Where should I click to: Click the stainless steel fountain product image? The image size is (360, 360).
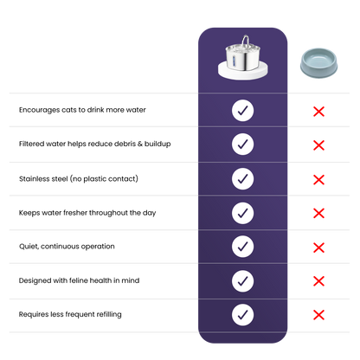[x=242, y=58]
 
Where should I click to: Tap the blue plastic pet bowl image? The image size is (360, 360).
[x=318, y=63]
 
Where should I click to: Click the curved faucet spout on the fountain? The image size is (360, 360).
[x=246, y=41]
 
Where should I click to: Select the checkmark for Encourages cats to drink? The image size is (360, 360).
[x=242, y=111]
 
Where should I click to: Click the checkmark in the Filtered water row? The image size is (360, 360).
[x=242, y=145]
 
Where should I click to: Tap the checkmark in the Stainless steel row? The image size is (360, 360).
[x=242, y=179]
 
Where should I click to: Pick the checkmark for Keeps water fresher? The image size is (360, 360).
[x=242, y=213]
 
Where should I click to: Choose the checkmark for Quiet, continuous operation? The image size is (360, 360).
[x=242, y=247]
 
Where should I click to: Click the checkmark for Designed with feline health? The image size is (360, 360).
[x=242, y=281]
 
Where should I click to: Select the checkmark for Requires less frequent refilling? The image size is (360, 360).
[x=242, y=315]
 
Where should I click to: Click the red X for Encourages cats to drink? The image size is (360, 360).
[x=318, y=112]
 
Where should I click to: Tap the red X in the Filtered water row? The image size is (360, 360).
[x=318, y=145]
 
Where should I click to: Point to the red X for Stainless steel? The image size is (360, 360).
[x=318, y=180]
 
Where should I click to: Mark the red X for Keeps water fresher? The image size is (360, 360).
[x=318, y=214]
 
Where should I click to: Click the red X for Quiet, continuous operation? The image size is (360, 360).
[x=318, y=247]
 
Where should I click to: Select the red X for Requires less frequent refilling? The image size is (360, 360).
[x=318, y=315]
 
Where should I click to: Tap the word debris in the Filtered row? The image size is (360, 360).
[x=125, y=144]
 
